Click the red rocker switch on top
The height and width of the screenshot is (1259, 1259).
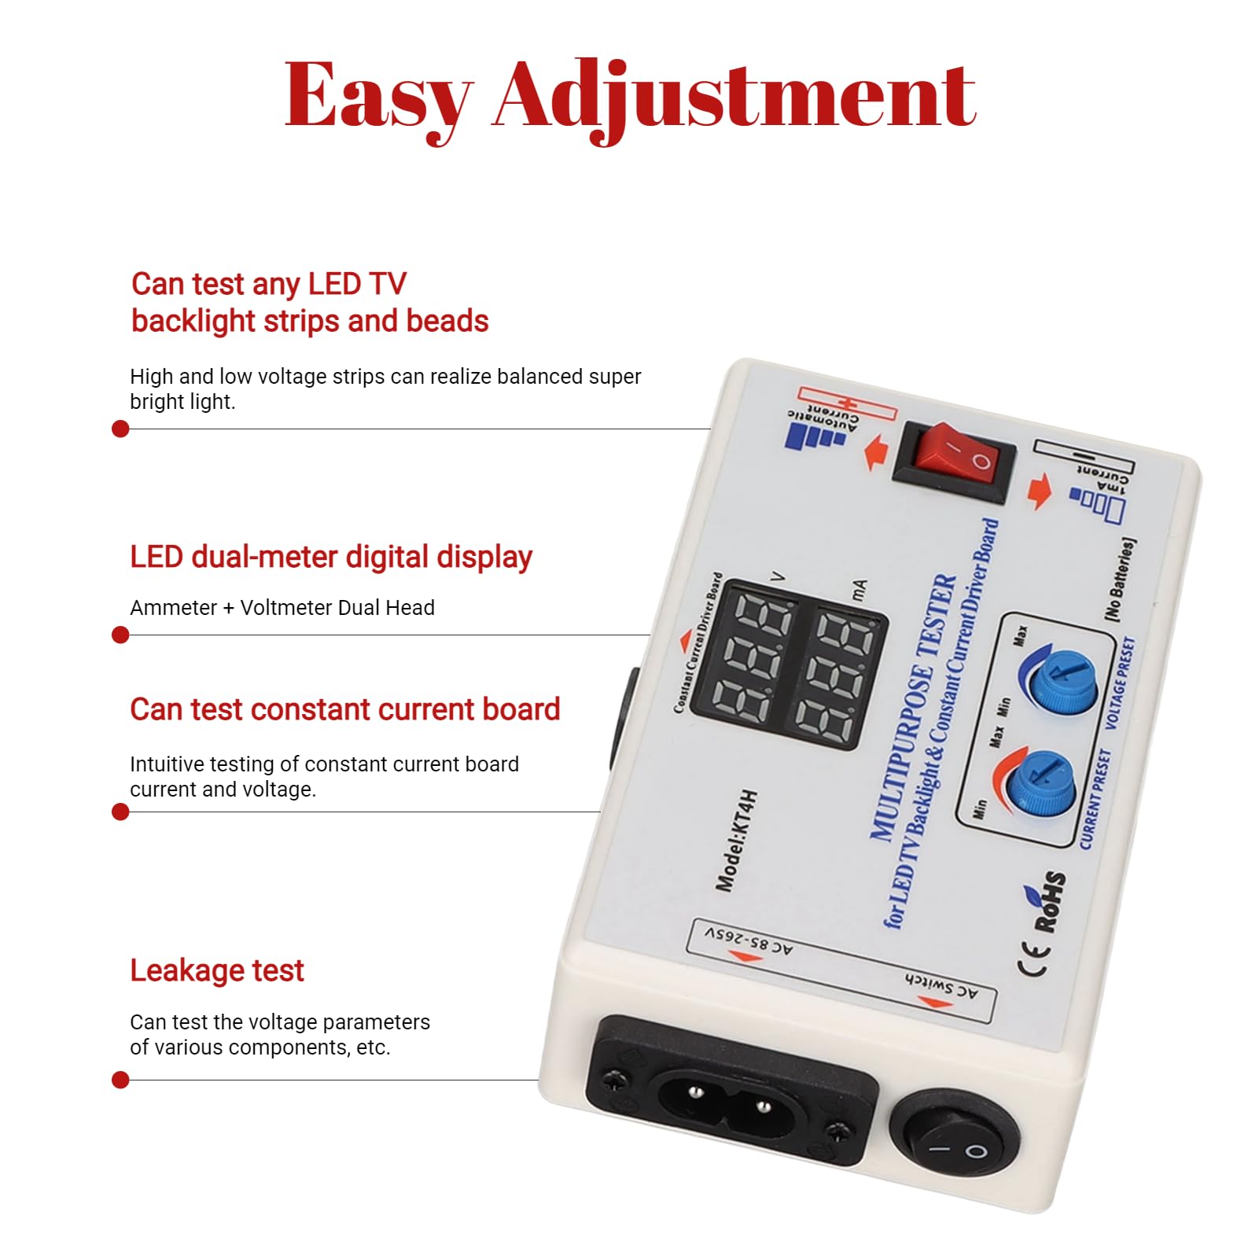point(955,459)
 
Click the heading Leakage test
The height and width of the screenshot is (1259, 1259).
point(216,970)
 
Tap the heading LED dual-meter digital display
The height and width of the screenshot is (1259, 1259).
point(331,557)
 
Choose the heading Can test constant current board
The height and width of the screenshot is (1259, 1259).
point(344,709)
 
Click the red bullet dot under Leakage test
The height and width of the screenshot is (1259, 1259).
point(120,1080)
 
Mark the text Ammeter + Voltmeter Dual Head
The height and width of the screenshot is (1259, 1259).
point(282,608)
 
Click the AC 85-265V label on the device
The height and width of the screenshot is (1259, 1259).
point(748,941)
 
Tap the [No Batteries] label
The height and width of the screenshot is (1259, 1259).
point(1120,580)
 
